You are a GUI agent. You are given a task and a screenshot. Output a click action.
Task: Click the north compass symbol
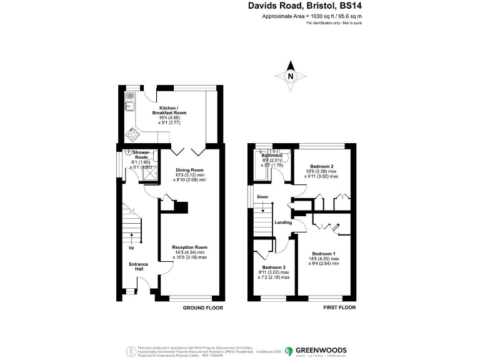click(x=291, y=76)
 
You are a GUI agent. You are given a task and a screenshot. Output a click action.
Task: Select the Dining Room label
click(x=189, y=170)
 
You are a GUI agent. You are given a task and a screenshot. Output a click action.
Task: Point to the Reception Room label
click(x=189, y=247)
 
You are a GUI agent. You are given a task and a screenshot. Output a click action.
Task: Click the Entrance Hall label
click(x=139, y=267)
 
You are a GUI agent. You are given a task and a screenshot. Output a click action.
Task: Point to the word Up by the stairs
click(x=131, y=248)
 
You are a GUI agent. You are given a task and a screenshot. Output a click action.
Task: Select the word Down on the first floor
click(x=262, y=197)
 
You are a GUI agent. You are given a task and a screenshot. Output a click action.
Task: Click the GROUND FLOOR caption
click(x=202, y=308)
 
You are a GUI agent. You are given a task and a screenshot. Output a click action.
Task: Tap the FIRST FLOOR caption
click(x=339, y=308)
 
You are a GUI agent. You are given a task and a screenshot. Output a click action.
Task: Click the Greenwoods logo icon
click(x=289, y=351)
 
